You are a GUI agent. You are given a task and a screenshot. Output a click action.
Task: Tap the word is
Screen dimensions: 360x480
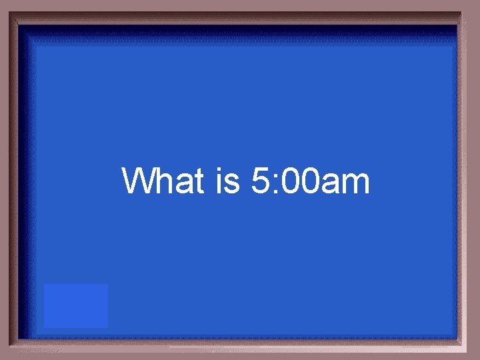[228, 181]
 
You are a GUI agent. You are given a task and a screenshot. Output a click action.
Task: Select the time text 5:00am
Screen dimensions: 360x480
[311, 181]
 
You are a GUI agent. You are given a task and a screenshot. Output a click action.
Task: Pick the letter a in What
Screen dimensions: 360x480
[187, 185]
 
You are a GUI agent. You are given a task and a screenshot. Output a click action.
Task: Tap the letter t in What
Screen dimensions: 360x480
[200, 181]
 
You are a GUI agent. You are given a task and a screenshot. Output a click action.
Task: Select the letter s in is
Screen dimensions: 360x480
[233, 185]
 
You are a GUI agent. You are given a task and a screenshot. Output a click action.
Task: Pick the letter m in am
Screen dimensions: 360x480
[355, 185]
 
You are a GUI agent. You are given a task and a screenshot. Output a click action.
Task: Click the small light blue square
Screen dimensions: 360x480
[76, 305]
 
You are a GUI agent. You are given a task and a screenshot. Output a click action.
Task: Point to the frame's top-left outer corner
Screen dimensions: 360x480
[1, 1]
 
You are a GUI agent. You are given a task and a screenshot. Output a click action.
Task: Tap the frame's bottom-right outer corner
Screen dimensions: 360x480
[478, 358]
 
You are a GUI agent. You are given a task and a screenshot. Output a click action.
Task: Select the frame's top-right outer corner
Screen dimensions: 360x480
[478, 1]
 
